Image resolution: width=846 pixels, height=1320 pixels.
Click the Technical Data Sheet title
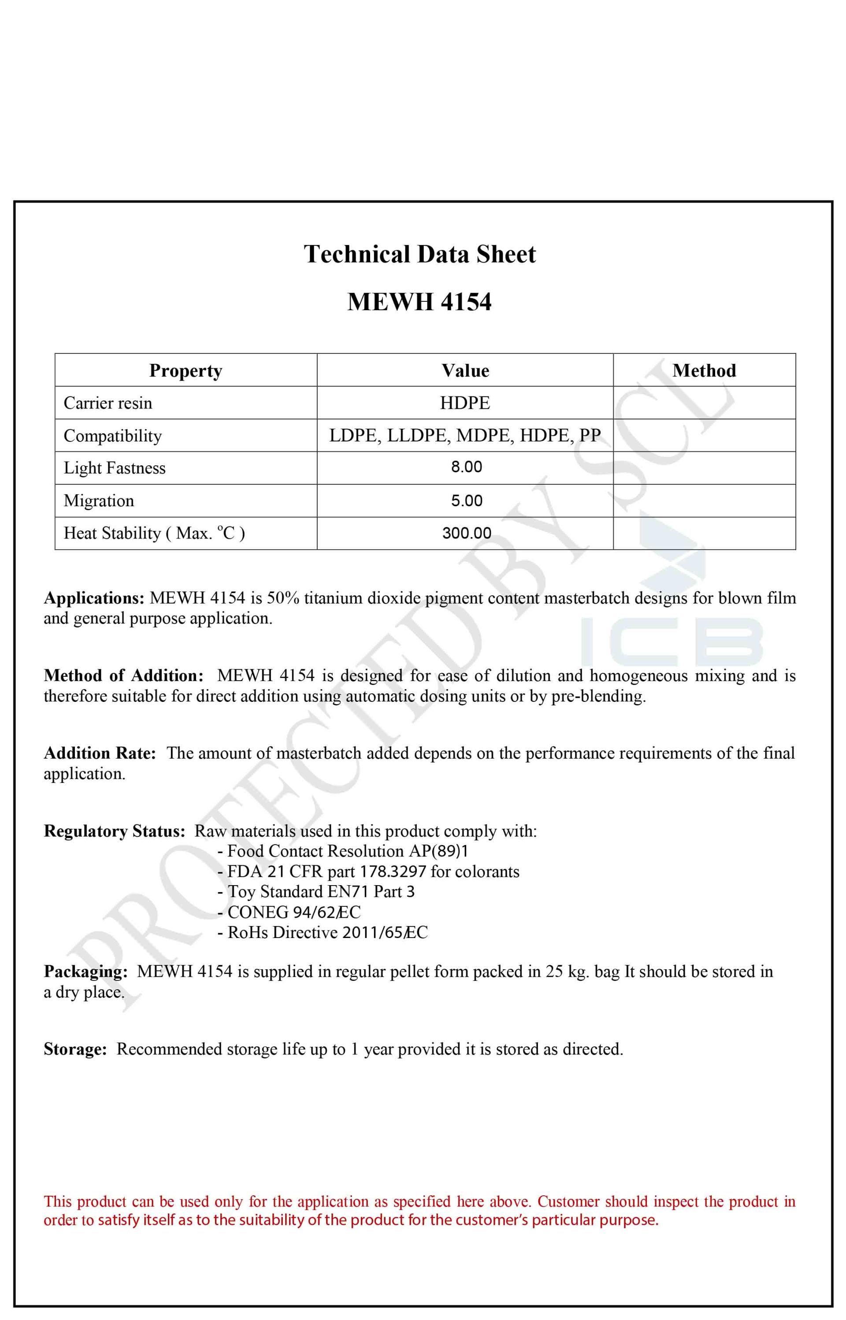pyautogui.click(x=420, y=254)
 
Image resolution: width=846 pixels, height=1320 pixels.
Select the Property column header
pyautogui.click(x=186, y=371)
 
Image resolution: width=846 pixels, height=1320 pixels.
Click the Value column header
pyautogui.click(x=465, y=371)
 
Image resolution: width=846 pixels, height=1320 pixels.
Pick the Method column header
pyautogui.click(x=704, y=371)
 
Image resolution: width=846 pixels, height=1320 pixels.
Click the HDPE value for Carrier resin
pyautogui.click(x=465, y=403)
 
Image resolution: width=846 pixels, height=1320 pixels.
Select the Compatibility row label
pyautogui.click(x=113, y=436)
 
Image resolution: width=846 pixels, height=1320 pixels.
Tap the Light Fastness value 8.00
pyautogui.click(x=466, y=467)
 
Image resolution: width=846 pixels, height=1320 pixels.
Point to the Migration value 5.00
pyautogui.click(x=466, y=501)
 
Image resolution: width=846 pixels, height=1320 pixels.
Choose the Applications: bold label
pyautogui.click(x=94, y=598)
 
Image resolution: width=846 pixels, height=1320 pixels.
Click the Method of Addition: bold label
pyautogui.click(x=124, y=676)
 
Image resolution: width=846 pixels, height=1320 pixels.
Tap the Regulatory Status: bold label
pyautogui.click(x=114, y=831)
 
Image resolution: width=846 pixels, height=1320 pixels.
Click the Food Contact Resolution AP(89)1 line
pyautogui.click(x=343, y=852)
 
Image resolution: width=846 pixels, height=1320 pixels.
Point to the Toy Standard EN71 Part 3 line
pyautogui.click(x=316, y=892)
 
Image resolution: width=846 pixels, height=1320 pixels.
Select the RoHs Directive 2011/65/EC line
pyautogui.click(x=323, y=932)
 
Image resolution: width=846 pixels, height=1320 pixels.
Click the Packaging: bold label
pyautogui.click(x=85, y=972)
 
